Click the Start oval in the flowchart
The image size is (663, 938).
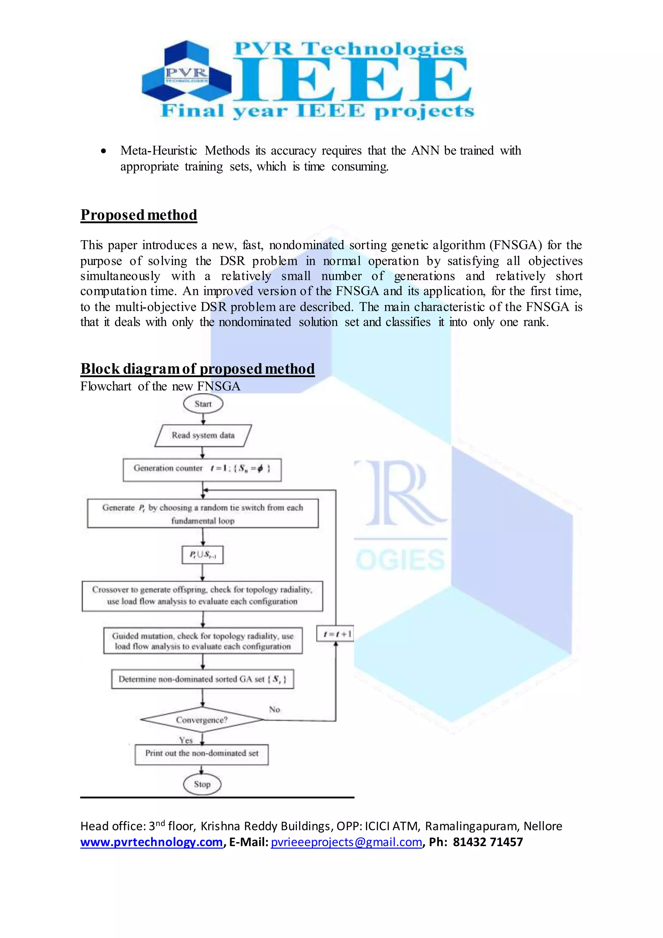tap(203, 404)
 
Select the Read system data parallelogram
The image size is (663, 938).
tap(203, 436)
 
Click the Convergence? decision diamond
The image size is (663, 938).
tap(202, 720)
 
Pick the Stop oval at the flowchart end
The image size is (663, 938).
tap(202, 784)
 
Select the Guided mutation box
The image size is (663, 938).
tap(203, 641)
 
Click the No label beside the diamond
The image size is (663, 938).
tap(274, 710)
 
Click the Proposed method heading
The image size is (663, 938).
tap(139, 215)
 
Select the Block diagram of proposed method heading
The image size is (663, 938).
tap(197, 369)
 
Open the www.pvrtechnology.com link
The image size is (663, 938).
tap(152, 842)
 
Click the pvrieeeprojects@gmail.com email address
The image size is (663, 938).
tap(346, 842)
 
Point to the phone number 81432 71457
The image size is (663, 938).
tap(488, 842)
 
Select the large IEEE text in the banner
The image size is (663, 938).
tap(351, 80)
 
